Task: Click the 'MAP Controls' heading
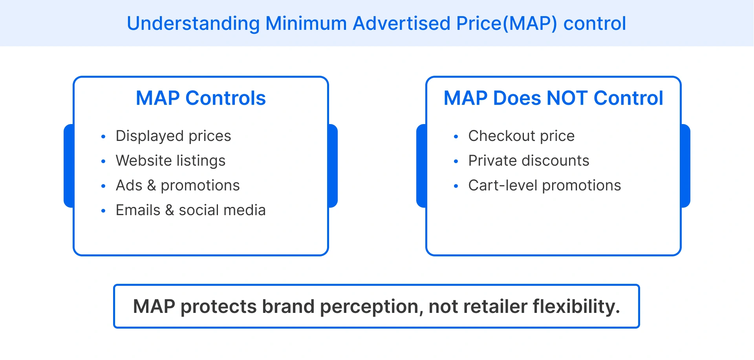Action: click(x=201, y=98)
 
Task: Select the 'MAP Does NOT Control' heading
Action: click(x=553, y=98)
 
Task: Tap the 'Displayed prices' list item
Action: click(x=173, y=136)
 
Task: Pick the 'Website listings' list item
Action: click(x=170, y=161)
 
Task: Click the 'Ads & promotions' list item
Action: click(x=178, y=186)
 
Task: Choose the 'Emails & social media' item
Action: click(x=190, y=210)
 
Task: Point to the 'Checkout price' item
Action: click(x=521, y=136)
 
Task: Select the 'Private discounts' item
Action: click(x=529, y=161)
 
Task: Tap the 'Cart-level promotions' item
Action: click(x=544, y=186)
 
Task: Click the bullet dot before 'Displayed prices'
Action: click(x=103, y=137)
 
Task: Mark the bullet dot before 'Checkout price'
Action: click(x=456, y=137)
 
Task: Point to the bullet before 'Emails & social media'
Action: click(x=103, y=211)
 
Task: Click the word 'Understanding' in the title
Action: click(x=193, y=24)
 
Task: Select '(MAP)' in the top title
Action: click(x=530, y=24)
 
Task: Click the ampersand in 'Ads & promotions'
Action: click(x=152, y=186)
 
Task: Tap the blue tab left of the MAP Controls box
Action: click(x=69, y=166)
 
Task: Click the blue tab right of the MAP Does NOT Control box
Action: click(x=686, y=166)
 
